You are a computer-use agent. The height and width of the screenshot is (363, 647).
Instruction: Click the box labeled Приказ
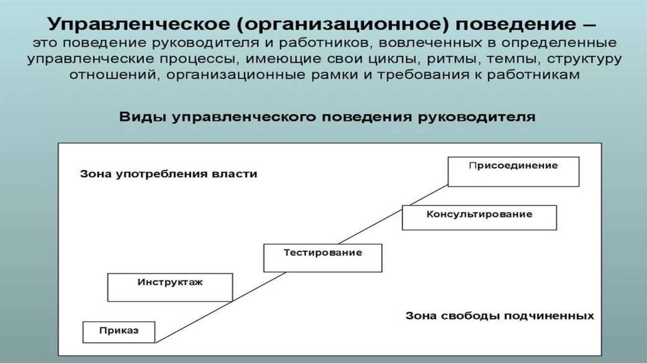click(x=119, y=331)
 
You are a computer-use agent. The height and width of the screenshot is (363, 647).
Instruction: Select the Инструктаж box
click(x=170, y=286)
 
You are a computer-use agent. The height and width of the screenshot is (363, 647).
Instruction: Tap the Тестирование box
click(x=322, y=257)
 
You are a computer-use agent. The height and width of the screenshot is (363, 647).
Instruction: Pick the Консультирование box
click(x=479, y=218)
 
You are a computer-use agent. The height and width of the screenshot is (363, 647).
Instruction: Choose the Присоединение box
click(x=513, y=171)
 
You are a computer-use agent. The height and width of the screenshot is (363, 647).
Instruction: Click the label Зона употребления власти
click(x=169, y=174)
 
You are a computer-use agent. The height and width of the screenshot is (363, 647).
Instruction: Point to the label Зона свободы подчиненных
click(x=499, y=315)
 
